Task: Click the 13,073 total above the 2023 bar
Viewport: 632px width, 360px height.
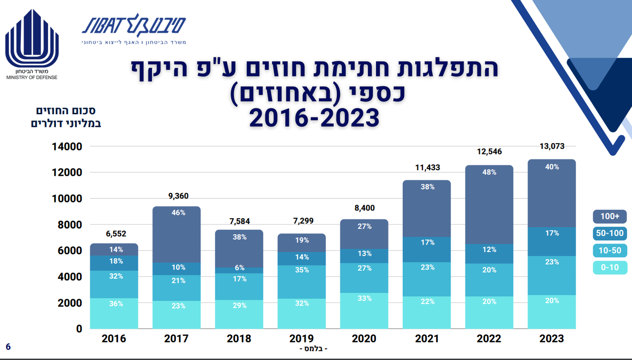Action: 552,146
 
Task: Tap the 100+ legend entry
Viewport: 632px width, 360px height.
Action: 610,216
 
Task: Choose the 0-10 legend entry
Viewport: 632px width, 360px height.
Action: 610,268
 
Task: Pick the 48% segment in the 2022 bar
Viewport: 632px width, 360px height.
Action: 489,204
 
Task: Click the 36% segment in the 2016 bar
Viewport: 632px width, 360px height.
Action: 114,313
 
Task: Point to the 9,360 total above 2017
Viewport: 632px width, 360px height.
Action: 177,196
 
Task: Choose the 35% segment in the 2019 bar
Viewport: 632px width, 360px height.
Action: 302,281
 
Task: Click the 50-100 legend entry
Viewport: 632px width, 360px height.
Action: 610,234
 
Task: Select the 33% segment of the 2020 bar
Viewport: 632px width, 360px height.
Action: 364,310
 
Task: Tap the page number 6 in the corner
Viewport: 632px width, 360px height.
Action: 8,346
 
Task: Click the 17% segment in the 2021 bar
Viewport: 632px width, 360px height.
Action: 427,249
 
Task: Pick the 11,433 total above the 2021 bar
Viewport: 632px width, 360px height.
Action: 427,168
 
